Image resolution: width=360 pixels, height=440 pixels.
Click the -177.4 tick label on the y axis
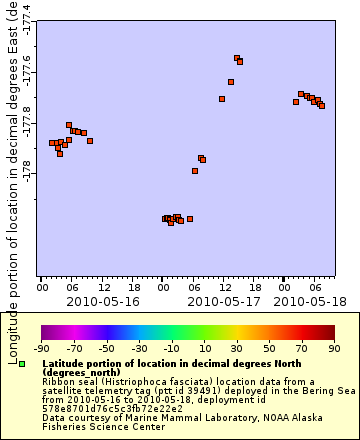pos(27,19)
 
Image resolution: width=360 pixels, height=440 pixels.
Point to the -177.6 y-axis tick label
pos(27,71)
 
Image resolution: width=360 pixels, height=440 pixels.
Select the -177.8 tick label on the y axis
pos(27,122)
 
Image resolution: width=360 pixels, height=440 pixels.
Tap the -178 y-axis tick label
pos(27,174)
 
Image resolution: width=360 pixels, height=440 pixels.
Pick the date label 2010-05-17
pos(224,300)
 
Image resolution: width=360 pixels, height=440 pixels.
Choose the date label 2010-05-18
pos(309,300)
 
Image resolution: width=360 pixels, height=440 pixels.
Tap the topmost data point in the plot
pos(237,58)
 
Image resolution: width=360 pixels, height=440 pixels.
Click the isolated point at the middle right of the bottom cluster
pos(190,219)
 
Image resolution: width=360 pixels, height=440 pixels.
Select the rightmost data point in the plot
pos(322,106)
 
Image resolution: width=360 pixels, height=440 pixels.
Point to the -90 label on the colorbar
pos(41,348)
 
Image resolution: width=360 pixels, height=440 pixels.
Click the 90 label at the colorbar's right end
pos(334,348)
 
